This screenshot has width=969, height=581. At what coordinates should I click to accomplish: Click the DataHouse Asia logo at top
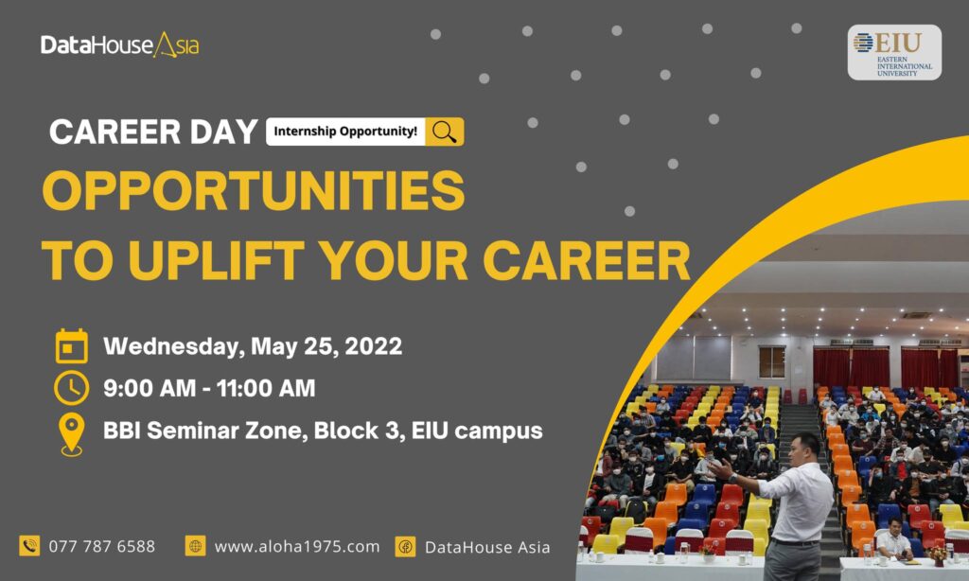pyautogui.click(x=120, y=45)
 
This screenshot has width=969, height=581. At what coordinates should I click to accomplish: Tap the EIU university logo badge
pyautogui.click(x=894, y=53)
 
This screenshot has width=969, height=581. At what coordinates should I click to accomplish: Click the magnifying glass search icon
pyautogui.click(x=445, y=132)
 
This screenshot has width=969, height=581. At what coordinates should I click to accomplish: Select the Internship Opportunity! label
pyautogui.click(x=345, y=132)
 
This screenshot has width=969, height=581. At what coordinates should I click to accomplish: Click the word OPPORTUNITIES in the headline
pyautogui.click(x=254, y=190)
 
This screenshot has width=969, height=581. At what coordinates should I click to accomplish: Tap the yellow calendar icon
pyautogui.click(x=72, y=345)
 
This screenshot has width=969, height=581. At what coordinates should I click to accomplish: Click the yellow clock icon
pyautogui.click(x=72, y=388)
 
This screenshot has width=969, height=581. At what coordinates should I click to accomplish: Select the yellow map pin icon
pyautogui.click(x=72, y=434)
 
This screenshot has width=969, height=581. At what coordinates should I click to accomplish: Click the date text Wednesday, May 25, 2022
pyautogui.click(x=253, y=346)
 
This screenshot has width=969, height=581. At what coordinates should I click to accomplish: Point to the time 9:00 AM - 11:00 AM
pyautogui.click(x=209, y=388)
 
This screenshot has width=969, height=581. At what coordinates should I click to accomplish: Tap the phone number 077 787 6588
pyautogui.click(x=102, y=546)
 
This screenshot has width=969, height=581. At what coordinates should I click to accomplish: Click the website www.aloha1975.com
pyautogui.click(x=296, y=546)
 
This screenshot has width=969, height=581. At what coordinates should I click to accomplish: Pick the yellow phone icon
pyautogui.click(x=29, y=546)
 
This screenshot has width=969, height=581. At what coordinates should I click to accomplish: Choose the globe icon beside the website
pyautogui.click(x=195, y=546)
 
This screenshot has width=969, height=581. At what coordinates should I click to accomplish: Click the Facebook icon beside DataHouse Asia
pyautogui.click(x=405, y=546)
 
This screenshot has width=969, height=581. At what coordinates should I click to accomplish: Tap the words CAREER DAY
pyautogui.click(x=153, y=132)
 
